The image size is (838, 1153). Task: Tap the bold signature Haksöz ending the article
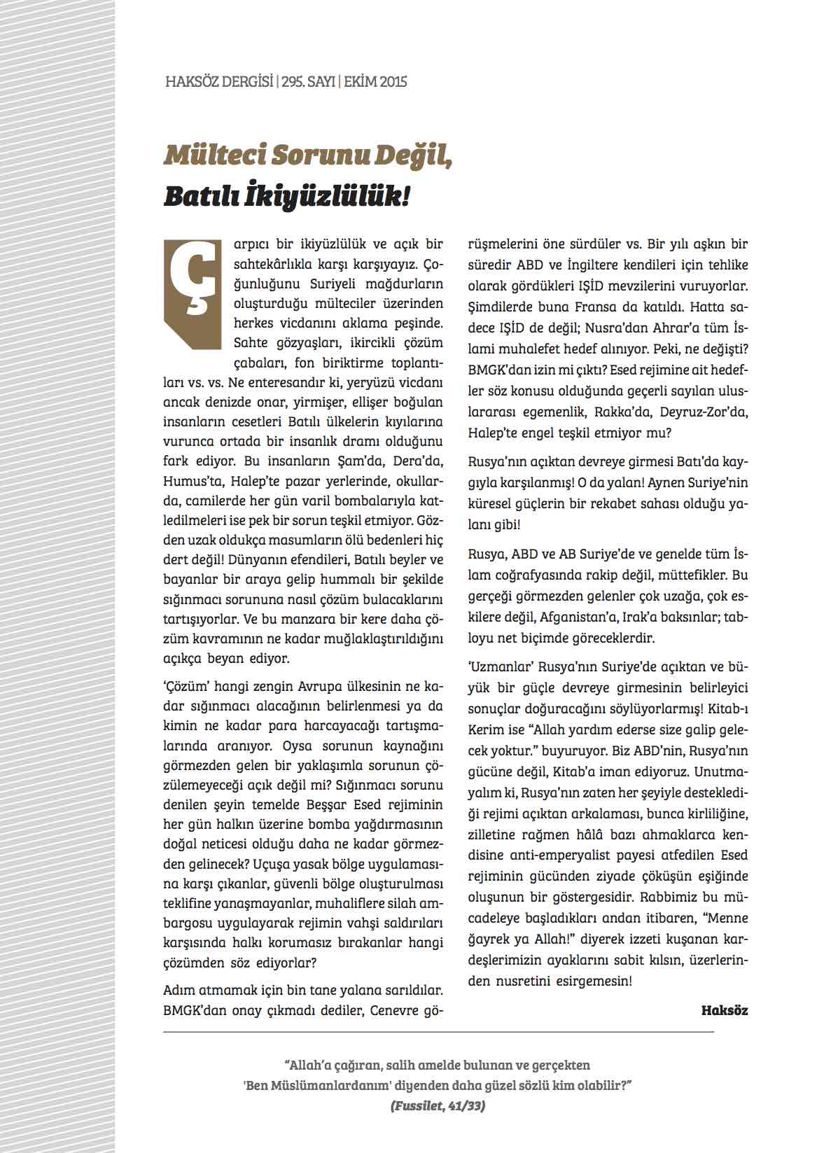tap(724, 1010)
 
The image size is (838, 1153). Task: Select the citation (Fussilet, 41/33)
tap(438, 1107)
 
